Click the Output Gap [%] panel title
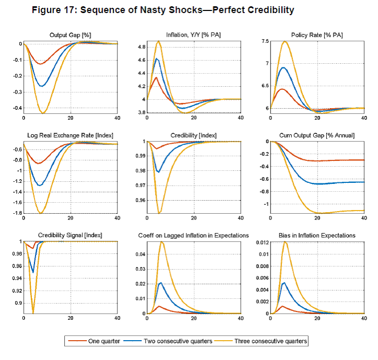(x=70, y=35)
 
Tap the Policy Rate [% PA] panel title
(x=317, y=35)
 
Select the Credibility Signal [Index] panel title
(x=70, y=236)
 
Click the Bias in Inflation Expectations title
(x=317, y=236)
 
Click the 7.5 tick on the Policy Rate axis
(x=265, y=41)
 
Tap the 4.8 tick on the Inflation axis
(x=141, y=47)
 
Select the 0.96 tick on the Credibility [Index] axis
(x=140, y=200)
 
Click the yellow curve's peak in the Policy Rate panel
(x=285, y=42)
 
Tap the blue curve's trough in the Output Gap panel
(x=42, y=86)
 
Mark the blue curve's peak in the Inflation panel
(x=157, y=59)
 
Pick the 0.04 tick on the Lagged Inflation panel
(x=140, y=254)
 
